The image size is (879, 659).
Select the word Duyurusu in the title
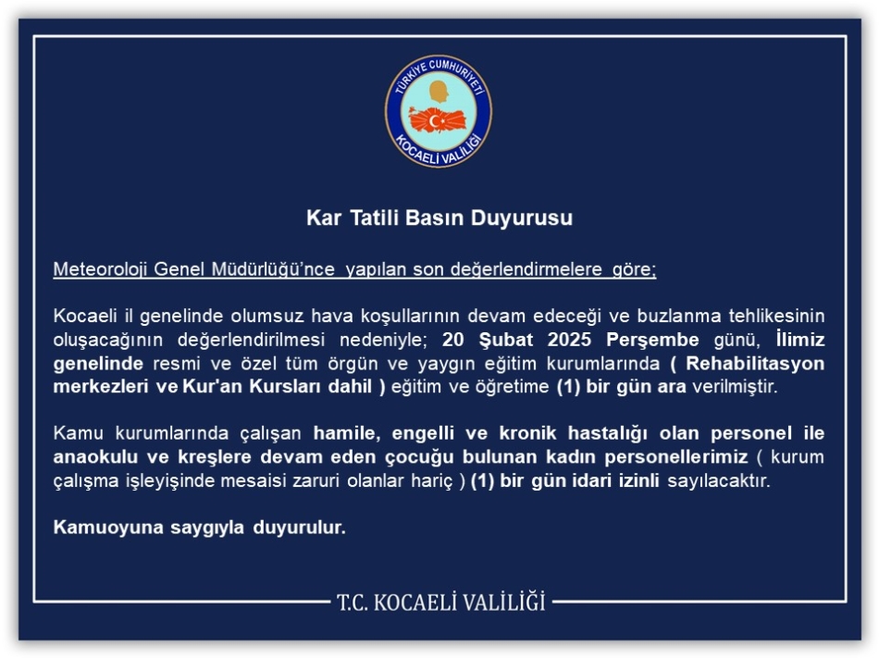(521, 218)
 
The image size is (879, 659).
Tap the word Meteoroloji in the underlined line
(100, 269)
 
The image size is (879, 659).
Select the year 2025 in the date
(569, 340)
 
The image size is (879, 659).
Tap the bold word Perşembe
(652, 340)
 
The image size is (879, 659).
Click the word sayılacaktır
(719, 480)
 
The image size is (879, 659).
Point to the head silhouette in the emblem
(439, 92)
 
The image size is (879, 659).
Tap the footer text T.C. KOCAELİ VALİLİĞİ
(440, 602)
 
